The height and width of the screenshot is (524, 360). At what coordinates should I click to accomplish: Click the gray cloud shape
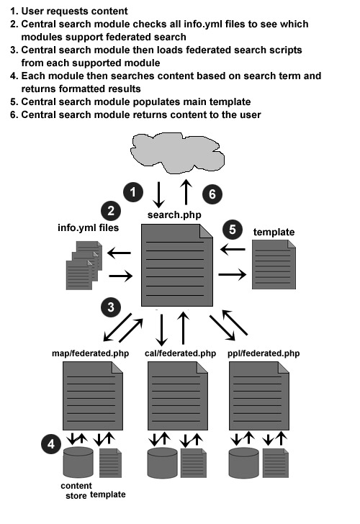point(177,153)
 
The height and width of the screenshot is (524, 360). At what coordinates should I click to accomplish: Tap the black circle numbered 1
point(133,192)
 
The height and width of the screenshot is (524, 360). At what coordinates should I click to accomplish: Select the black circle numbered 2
point(111,211)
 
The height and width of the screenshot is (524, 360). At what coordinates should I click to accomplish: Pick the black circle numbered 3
point(111,307)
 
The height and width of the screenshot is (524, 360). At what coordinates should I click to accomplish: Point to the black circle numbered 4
point(51,444)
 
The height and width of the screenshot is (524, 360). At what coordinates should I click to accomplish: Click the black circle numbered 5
point(233,230)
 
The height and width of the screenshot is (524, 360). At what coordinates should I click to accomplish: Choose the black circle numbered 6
point(212,194)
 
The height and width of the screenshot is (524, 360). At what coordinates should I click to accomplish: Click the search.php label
point(174,214)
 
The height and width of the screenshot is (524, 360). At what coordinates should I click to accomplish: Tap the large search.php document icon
point(177,265)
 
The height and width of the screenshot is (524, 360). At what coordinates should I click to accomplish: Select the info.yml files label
point(89,228)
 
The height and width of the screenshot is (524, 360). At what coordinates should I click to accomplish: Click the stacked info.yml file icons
point(84,266)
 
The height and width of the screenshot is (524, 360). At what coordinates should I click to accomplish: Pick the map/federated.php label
point(90,353)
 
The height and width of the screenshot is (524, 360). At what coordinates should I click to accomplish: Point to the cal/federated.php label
point(180,353)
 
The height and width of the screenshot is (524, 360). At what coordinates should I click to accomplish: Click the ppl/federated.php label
point(264,353)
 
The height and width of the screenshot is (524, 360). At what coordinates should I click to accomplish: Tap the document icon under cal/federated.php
point(178,396)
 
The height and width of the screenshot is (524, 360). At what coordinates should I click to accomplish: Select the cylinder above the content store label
point(78,462)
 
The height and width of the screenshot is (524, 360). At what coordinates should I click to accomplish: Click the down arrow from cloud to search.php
point(158,194)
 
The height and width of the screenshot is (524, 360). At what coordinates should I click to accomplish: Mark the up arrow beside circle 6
point(186,191)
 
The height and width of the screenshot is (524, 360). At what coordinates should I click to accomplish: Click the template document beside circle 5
point(274,264)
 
